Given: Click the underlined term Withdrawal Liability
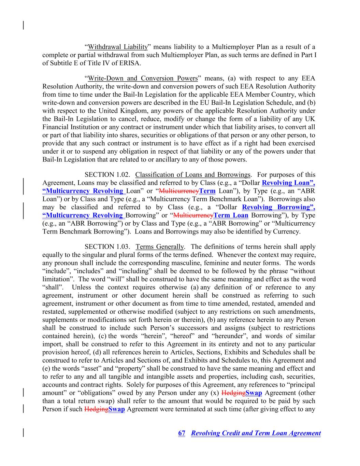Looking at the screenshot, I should (118, 47).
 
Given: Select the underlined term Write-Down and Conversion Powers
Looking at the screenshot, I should (143, 78).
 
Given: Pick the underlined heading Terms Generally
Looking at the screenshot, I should (160, 246).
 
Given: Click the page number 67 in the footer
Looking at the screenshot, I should (182, 433).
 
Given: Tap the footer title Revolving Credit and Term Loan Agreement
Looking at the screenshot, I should (256, 433).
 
